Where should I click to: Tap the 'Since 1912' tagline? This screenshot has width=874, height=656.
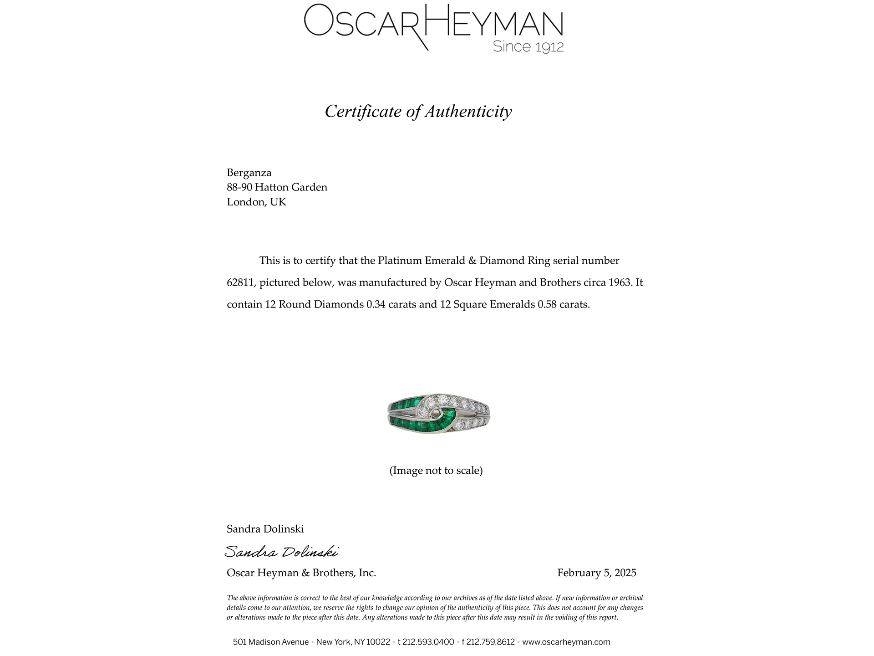[x=528, y=47]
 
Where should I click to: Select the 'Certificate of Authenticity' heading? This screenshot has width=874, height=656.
[x=418, y=112]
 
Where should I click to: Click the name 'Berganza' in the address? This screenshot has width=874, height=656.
[x=249, y=173]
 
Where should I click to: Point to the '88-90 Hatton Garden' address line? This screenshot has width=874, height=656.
[x=277, y=187]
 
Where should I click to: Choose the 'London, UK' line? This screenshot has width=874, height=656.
[x=256, y=202]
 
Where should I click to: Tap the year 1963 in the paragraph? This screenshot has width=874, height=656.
[x=620, y=282]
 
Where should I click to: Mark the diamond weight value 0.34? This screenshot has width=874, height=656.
[x=376, y=304]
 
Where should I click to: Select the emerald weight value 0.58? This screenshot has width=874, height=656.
[x=547, y=304]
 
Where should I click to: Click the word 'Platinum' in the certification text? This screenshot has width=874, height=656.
[x=400, y=261]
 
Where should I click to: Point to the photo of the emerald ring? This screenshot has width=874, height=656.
[x=436, y=413]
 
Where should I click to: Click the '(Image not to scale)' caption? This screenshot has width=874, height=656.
[x=436, y=470]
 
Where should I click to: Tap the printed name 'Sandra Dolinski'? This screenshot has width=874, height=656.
[x=265, y=529]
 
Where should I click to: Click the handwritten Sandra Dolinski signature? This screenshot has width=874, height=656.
[x=281, y=552]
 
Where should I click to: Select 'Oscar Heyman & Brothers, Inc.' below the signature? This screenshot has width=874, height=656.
[x=301, y=573]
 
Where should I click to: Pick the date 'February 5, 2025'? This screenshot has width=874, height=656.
[x=596, y=573]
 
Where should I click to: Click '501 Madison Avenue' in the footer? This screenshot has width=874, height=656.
[x=270, y=642]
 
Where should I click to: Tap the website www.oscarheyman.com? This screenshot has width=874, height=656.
[x=566, y=642]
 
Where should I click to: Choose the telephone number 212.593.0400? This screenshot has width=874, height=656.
[x=428, y=642]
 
